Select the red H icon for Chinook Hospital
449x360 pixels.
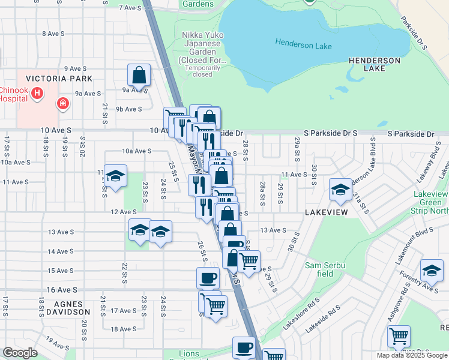point(38,94)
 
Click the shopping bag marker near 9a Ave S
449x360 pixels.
point(139,76)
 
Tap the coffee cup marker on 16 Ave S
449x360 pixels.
point(208,278)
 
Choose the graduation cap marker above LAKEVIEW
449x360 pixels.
point(340,191)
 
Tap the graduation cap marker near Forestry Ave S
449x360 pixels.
point(432,271)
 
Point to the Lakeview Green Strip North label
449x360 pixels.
point(431,202)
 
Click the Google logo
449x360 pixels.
point(20,353)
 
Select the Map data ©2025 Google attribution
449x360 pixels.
point(411,355)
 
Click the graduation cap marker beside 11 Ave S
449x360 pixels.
point(115,176)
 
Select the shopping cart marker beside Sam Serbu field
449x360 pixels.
point(249,261)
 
